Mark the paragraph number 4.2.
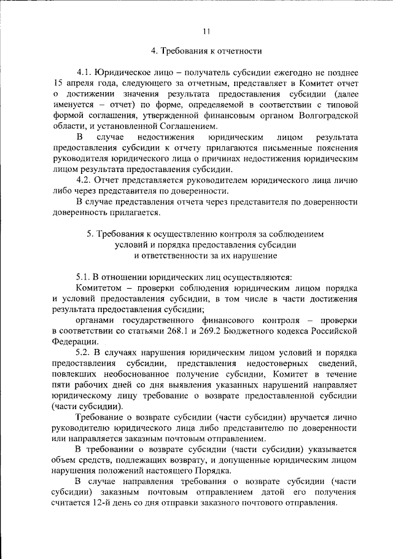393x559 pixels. pos(85,180)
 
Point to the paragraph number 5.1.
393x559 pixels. pos(85,277)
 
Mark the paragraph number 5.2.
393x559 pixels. pos(85,353)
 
